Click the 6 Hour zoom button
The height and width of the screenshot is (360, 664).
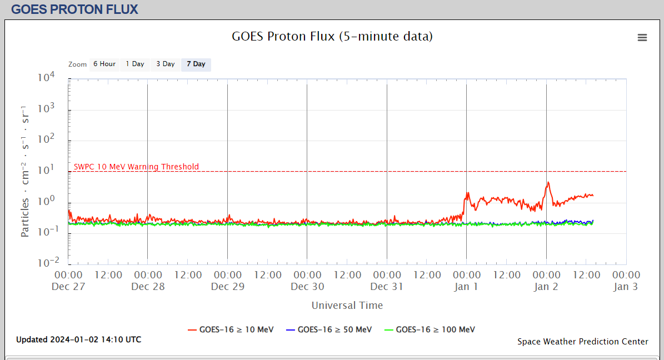(104, 64)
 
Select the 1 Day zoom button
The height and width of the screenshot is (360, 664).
(134, 64)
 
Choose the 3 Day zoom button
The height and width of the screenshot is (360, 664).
(165, 64)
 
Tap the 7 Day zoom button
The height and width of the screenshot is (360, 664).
(196, 64)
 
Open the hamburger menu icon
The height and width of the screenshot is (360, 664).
(642, 38)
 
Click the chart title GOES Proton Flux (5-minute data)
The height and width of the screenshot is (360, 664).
(332, 37)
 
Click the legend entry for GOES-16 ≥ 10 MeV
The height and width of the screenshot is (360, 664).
(231, 329)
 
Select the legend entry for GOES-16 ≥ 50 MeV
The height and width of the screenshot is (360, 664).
(328, 329)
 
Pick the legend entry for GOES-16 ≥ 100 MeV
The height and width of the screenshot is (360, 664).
(430, 329)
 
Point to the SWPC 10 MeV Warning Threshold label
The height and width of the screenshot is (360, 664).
(136, 167)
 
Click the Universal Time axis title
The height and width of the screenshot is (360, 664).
(347, 305)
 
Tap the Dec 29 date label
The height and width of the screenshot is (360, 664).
(227, 287)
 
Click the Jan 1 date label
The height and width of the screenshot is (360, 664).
(466, 287)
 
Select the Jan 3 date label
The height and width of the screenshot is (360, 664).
(626, 287)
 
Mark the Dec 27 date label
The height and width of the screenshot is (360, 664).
(68, 287)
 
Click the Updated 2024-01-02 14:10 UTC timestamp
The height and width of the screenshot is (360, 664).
(78, 339)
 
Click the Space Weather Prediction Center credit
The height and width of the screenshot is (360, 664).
(582, 342)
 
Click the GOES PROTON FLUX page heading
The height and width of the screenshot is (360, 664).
(74, 9)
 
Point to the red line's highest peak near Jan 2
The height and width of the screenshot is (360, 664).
(548, 182)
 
